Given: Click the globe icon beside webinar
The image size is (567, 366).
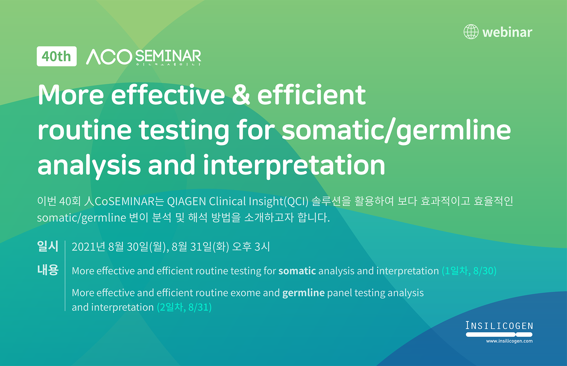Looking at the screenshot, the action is pyautogui.click(x=471, y=32).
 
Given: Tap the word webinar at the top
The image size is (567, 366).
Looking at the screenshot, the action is pyautogui.click(x=507, y=32).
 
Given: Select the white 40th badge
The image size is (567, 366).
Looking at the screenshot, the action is pyautogui.click(x=57, y=56).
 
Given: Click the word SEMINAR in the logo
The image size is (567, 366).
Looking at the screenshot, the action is pyautogui.click(x=168, y=56).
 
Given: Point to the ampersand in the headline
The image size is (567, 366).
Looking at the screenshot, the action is pyautogui.click(x=241, y=94).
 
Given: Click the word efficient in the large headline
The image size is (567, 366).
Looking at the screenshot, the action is pyautogui.click(x=311, y=95).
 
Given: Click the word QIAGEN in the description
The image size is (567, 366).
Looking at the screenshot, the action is pyautogui.click(x=186, y=201).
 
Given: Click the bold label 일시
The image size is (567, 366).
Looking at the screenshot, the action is pyautogui.click(x=48, y=246).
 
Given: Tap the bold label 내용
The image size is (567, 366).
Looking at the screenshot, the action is pyautogui.click(x=48, y=270).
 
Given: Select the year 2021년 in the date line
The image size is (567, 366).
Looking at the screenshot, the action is pyautogui.click(x=88, y=247).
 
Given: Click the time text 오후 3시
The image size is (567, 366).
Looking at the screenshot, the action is pyautogui.click(x=251, y=247).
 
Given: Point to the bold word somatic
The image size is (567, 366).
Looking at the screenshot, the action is pyautogui.click(x=297, y=271).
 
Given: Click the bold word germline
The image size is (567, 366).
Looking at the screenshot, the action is pyautogui.click(x=303, y=293).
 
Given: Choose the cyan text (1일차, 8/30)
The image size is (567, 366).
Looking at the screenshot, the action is pyautogui.click(x=469, y=271).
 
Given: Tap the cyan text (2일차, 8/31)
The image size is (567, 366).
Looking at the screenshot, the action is pyautogui.click(x=184, y=307).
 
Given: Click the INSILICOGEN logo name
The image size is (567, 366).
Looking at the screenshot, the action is pyautogui.click(x=499, y=326).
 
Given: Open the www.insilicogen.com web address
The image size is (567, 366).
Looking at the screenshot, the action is pyautogui.click(x=509, y=341).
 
